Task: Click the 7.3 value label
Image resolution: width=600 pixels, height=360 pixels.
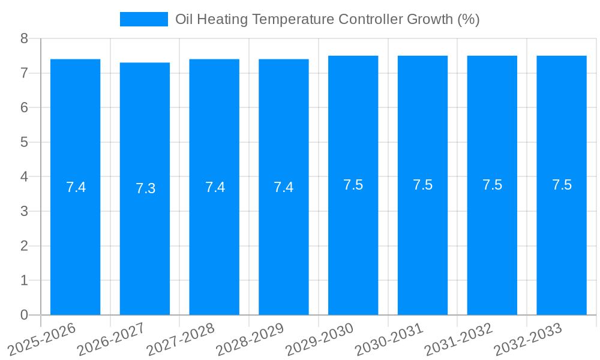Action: [x=145, y=188]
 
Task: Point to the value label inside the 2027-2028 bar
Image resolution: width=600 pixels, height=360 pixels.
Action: [x=215, y=187]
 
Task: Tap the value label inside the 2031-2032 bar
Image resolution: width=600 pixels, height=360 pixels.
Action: [x=492, y=185]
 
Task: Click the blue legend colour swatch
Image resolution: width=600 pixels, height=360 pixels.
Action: [x=144, y=19]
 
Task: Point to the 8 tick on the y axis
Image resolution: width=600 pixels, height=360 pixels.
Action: [x=25, y=38]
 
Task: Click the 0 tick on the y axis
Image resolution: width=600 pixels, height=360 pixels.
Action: [x=25, y=315]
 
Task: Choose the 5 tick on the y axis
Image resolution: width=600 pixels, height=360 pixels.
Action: [x=25, y=142]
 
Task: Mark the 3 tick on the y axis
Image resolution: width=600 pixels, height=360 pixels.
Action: [x=25, y=211]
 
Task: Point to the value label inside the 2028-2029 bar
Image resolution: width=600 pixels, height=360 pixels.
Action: [x=283, y=187]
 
